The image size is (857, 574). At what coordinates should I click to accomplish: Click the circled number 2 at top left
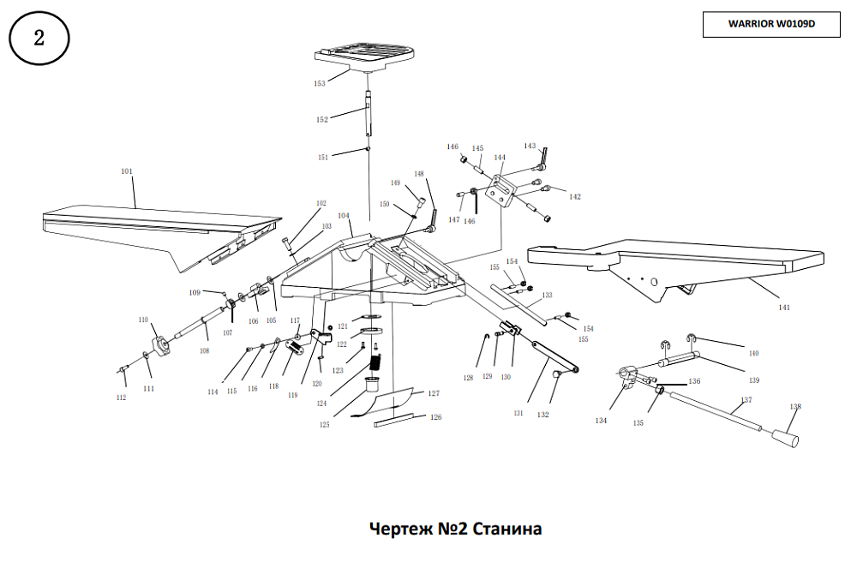point(39,39)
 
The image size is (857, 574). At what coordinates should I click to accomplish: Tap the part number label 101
point(127,172)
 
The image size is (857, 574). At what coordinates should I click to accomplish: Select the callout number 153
point(320,84)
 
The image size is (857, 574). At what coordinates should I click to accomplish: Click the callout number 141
point(784,307)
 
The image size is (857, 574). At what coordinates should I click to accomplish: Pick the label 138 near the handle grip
point(796,407)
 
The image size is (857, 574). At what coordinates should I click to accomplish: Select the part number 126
point(436,417)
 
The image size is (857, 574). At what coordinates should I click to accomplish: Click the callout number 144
point(500,158)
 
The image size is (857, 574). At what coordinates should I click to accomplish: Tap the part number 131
point(518,413)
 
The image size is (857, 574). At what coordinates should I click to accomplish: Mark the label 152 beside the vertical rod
point(322,120)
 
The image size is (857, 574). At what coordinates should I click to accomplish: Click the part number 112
point(122,398)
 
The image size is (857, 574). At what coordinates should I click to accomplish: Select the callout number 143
point(530,146)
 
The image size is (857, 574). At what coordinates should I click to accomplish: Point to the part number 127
point(434,393)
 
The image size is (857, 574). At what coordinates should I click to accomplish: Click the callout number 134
point(601,420)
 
